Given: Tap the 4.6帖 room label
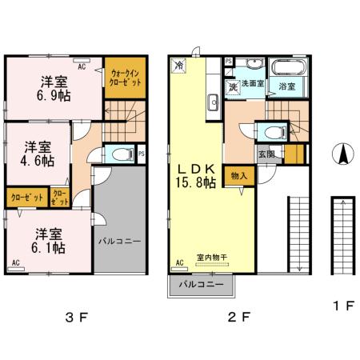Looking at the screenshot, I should tap(38, 154).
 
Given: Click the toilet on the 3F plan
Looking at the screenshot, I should tap(120, 154).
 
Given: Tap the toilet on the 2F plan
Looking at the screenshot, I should tap(270, 133).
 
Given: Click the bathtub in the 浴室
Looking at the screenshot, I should tap(285, 70).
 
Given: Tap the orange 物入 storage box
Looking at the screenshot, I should tap(237, 175).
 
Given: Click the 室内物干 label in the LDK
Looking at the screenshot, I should tap(212, 256).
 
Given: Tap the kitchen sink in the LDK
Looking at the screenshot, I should tap(213, 102).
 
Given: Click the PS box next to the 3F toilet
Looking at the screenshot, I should tap(141, 154).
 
